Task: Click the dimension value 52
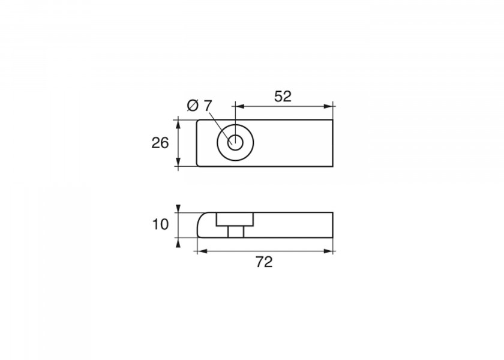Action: [283, 97]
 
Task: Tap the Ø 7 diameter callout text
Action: [200, 106]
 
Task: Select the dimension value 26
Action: [160, 143]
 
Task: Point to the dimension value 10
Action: [160, 224]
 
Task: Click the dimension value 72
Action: [264, 262]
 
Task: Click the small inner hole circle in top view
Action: [236, 142]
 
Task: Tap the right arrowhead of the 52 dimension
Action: [328, 106]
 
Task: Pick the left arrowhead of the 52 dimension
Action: [240, 106]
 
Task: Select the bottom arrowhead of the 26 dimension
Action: [178, 162]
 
